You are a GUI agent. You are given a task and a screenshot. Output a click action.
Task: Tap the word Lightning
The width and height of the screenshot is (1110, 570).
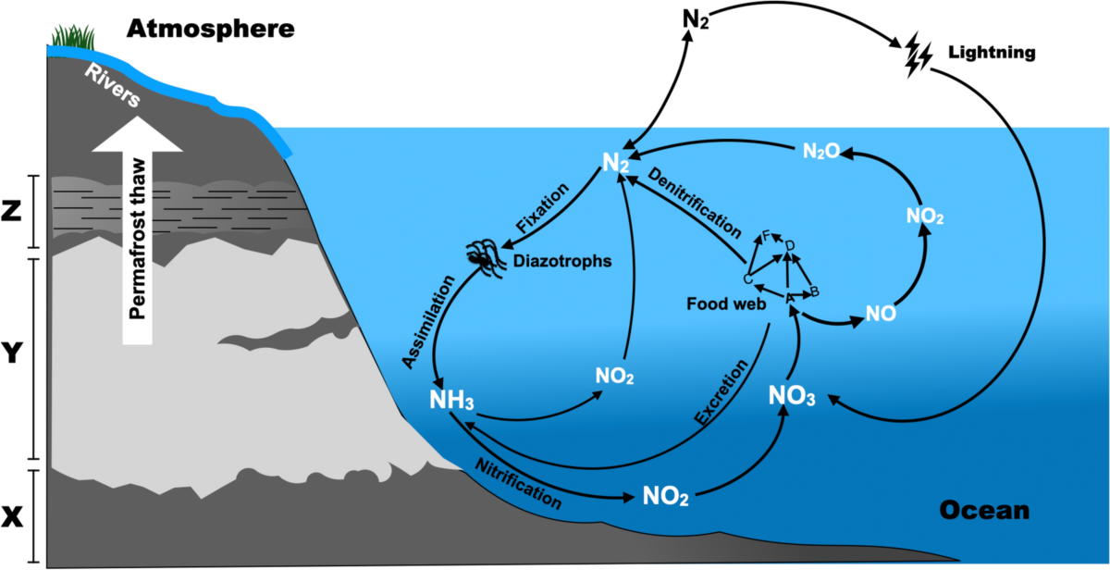tap(992, 53)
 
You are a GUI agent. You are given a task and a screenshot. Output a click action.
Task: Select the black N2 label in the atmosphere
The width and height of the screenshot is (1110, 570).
tap(696, 20)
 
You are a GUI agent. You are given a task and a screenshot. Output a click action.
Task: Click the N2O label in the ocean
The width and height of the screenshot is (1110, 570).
tap(821, 151)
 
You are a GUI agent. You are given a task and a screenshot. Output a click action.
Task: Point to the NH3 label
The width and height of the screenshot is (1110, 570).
tap(451, 400)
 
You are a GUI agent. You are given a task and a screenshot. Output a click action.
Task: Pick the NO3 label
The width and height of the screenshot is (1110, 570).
tap(792, 396)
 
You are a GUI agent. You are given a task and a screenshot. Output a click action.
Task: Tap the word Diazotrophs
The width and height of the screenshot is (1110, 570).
tap(562, 261)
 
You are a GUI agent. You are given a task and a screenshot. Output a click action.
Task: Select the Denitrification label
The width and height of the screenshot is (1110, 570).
tap(695, 203)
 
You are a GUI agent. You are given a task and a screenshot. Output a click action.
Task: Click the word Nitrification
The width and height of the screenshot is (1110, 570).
tap(518, 483)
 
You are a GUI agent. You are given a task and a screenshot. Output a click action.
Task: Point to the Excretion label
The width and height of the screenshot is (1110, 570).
tap(721, 392)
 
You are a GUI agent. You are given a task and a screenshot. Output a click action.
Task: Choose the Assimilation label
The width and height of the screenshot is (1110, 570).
tap(428, 322)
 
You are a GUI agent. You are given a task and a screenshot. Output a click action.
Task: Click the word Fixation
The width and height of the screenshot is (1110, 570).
tap(542, 207)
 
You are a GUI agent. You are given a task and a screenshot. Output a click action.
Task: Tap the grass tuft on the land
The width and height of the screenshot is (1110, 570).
tap(73, 37)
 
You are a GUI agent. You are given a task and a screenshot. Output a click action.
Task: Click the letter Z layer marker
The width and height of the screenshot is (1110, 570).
tap(11, 212)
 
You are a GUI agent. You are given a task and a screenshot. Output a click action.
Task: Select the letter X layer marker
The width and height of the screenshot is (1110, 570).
tap(12, 517)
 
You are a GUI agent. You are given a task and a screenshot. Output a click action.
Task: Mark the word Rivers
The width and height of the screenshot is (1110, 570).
tap(113, 86)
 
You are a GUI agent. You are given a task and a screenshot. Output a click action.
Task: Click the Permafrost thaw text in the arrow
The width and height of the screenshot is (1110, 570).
tap(137, 239)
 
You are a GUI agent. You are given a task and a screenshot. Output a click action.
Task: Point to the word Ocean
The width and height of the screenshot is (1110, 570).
tap(984, 510)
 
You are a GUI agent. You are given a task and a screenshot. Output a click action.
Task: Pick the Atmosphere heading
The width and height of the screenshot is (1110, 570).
tap(211, 29)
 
